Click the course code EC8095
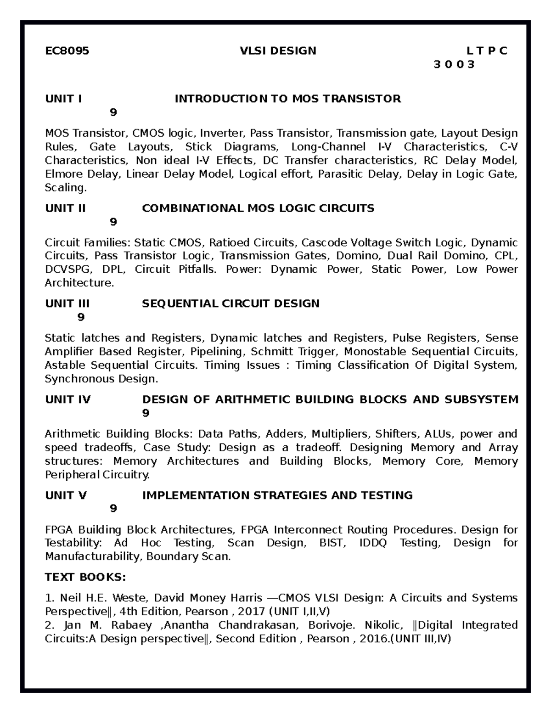(67, 51)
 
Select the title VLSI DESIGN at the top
(278, 51)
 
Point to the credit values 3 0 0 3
(454, 64)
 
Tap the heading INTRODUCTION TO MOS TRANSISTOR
(287, 99)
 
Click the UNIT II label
(65, 208)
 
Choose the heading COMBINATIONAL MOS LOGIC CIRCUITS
(258, 208)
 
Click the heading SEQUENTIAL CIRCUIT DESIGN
(231, 303)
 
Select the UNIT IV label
(68, 399)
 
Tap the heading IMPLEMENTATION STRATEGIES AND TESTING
(277, 495)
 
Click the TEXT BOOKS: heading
(85, 577)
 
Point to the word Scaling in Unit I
(65, 188)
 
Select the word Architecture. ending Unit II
(79, 283)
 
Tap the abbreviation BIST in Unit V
(332, 543)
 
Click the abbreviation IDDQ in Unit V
(373, 543)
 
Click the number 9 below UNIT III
(81, 317)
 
